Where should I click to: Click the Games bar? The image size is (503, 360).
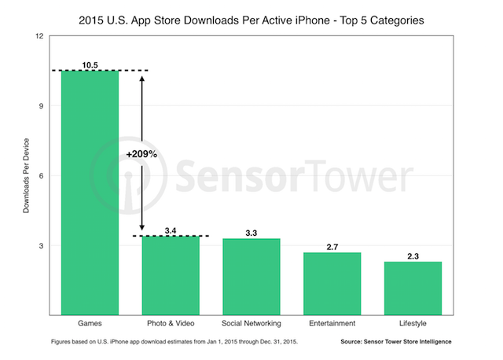point(90,193)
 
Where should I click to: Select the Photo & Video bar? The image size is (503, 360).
point(171,275)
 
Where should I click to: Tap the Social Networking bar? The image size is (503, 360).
point(251,277)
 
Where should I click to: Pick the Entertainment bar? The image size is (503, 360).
point(332,284)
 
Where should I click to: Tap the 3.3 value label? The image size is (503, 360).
point(251,232)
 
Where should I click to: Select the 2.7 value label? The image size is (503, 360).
point(332,246)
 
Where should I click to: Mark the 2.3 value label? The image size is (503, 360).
point(413,255)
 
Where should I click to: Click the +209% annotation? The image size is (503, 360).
point(141,155)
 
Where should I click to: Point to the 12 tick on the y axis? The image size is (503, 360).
point(39,36)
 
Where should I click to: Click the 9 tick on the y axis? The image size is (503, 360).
point(42,106)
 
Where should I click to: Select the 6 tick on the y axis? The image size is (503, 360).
point(42,176)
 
